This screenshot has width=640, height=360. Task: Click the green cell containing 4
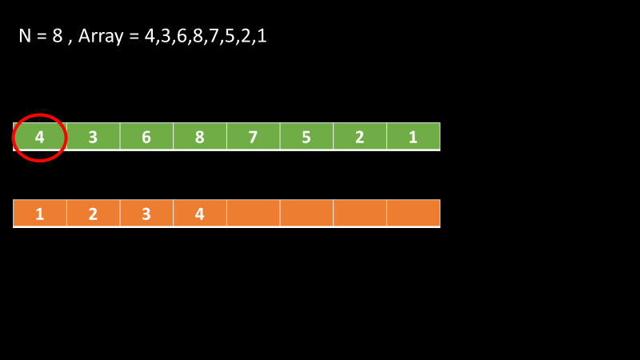point(40,137)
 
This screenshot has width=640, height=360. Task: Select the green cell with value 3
point(93,137)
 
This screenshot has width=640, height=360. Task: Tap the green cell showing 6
point(146,137)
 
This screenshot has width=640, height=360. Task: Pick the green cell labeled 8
point(200,137)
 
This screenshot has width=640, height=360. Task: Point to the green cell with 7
point(253,137)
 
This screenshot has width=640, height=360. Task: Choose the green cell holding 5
point(306,137)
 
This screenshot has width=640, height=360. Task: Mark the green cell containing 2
point(360,137)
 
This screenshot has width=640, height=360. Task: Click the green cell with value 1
point(413,137)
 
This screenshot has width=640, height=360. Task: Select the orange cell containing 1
point(40,214)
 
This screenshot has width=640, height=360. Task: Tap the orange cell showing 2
point(93,214)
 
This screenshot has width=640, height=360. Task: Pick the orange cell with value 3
point(146,214)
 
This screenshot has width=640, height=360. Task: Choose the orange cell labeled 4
point(200,214)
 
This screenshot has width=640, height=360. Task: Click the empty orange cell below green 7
point(253,214)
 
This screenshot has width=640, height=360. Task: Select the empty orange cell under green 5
point(306,214)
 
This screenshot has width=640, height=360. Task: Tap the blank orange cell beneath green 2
point(360,214)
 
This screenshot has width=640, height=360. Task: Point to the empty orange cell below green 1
point(413,214)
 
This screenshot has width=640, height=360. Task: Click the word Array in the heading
point(102,37)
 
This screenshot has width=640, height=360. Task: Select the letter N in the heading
point(25,36)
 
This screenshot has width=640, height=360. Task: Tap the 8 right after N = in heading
point(57,36)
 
